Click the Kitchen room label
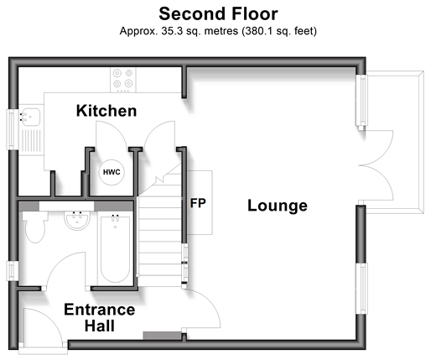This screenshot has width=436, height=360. [106, 111]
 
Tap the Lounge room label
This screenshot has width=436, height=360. [278, 206]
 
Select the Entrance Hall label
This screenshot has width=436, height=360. [100, 318]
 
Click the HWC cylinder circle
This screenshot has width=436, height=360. [112, 172]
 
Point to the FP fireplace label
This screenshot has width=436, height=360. [198, 203]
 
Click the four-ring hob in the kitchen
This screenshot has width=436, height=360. [123, 80]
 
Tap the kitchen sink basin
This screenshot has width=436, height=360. [30, 117]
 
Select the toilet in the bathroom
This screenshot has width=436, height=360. [35, 227]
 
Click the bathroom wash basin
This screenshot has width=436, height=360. [77, 221]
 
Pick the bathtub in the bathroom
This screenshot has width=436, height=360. [115, 248]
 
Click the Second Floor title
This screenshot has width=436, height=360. [218, 13]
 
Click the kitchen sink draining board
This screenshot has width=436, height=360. [31, 140]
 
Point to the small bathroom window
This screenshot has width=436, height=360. [12, 270]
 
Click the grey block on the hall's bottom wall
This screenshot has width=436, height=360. [162, 336]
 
